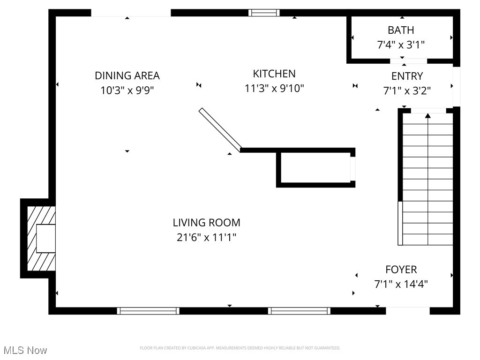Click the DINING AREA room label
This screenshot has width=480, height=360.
click(127, 75)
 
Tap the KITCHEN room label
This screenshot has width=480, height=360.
click(274, 74)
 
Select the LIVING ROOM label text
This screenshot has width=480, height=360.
click(206, 223)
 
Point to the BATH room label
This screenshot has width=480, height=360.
click(401, 30)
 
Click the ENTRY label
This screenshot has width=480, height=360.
click(407, 76)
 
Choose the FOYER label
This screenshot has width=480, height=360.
click(401, 270)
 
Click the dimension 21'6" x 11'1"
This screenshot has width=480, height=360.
click(206, 237)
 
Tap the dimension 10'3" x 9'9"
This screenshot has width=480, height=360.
click(127, 90)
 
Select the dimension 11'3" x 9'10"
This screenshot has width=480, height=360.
click(274, 88)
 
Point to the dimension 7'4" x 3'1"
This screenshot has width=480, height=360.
click(401, 45)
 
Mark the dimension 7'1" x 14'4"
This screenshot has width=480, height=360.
click(401, 284)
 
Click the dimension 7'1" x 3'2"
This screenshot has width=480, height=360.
click(407, 90)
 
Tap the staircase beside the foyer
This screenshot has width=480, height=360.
click(427, 178)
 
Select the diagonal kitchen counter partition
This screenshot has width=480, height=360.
click(220, 130)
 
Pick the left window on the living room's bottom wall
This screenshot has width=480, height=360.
click(148, 310)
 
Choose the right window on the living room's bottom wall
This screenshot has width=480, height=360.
click(299, 310)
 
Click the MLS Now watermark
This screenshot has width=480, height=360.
click(25, 350)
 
